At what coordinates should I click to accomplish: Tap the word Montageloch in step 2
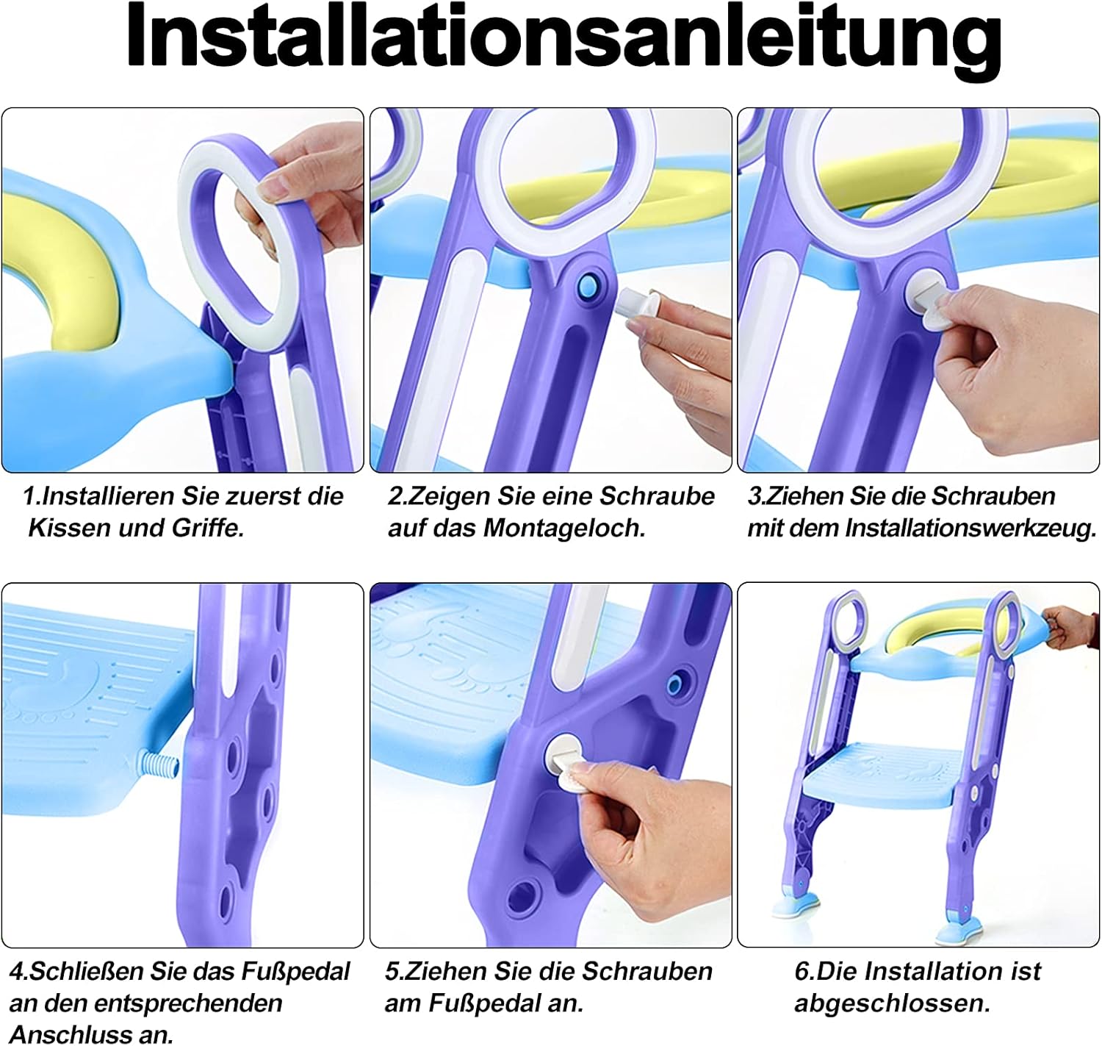(x=564, y=529)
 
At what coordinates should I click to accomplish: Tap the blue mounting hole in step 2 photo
(x=589, y=287)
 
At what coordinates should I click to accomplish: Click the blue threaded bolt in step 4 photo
(x=159, y=764)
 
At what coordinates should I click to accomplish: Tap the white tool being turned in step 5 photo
(x=569, y=764)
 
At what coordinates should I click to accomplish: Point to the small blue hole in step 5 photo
(x=674, y=683)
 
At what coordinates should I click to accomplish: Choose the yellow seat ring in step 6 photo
(x=919, y=631)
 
